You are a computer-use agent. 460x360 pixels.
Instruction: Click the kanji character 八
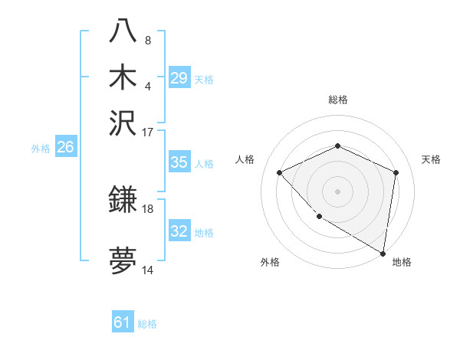tap(123, 31)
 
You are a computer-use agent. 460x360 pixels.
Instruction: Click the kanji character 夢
tap(123, 261)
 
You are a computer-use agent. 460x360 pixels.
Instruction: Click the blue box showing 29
tap(179, 78)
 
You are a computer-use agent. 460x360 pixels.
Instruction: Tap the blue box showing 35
tap(179, 162)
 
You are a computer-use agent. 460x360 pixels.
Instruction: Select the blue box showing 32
tap(179, 231)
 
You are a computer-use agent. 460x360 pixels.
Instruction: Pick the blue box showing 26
tap(65, 148)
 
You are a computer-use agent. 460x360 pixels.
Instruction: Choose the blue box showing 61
tap(123, 322)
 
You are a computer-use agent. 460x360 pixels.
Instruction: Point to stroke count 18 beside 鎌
tap(148, 208)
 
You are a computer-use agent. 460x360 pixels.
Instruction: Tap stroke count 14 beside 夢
tap(148, 270)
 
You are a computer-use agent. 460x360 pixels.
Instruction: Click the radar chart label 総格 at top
tap(337, 100)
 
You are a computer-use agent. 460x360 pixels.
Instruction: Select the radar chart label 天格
tap(431, 159)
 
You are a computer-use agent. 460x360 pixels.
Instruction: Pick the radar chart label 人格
tap(245, 159)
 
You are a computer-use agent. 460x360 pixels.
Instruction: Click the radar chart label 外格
tap(269, 263)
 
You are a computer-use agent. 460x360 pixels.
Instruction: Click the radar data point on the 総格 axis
tap(337, 146)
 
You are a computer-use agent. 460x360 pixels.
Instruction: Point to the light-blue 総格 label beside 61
tap(147, 324)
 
